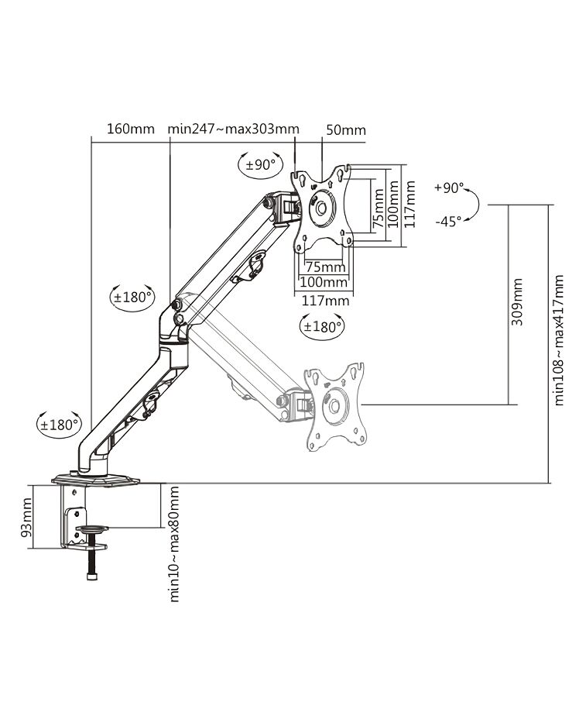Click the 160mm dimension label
coord(131,129)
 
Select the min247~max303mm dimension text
coord(233,129)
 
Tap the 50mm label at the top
coord(346,130)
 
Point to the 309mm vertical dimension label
coord(517,301)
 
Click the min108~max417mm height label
coord(559,339)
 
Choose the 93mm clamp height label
coord(26,517)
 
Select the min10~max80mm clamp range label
coord(174,544)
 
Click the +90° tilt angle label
coord(449,188)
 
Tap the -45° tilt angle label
coord(448,222)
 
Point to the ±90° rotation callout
coord(261,164)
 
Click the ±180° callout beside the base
coord(60,425)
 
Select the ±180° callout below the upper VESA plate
coord(323,326)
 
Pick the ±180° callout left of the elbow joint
coord(132,298)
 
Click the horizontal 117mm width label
coord(325,301)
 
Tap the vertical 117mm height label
coord(409,204)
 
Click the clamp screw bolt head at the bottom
coord(92,577)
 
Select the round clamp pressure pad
coord(92,529)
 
